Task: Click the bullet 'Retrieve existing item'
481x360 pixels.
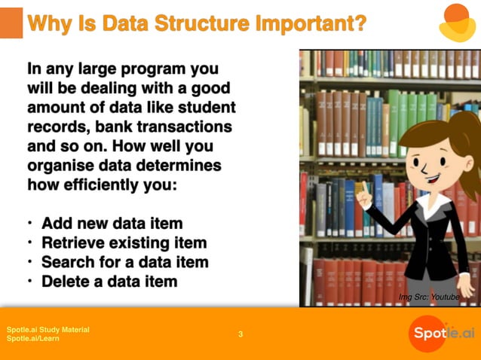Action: [124, 243]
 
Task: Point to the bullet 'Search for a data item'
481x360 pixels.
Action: [124, 263]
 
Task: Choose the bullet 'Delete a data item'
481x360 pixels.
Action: [109, 282]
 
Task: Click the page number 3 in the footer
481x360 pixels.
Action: [240, 334]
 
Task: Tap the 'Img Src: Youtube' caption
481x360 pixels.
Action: [428, 298]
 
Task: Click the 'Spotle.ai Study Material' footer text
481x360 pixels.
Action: [47, 330]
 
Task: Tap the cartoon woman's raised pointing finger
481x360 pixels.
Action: [361, 191]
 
